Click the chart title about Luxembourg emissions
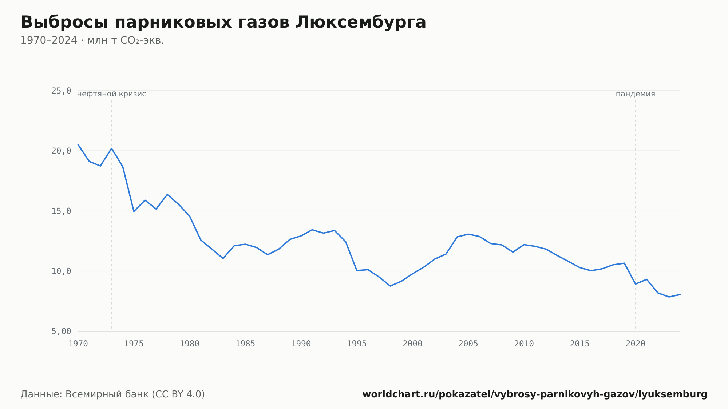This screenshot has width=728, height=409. click(223, 23)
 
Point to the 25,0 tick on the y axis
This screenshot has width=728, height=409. click(61, 91)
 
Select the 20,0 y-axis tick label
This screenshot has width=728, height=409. click(61, 151)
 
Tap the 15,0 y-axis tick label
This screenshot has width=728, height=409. click(61, 211)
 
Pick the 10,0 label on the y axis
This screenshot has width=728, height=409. click(61, 271)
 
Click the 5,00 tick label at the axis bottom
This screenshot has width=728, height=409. click(61, 331)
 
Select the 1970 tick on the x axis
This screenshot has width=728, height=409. click(78, 344)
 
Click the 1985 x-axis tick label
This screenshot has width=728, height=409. click(245, 344)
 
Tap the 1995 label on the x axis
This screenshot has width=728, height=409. click(357, 344)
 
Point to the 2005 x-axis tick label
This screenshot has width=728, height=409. click(468, 344)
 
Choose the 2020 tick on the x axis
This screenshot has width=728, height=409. click(636, 344)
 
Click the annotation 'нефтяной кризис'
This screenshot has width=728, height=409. click(111, 94)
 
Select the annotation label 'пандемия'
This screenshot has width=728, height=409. click(636, 94)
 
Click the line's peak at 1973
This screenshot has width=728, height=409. click(112, 148)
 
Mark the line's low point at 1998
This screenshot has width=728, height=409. click(390, 286)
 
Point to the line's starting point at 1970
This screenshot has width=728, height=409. click(78, 144)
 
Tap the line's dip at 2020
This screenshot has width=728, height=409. click(636, 284)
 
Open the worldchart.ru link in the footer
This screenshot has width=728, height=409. click(535, 394)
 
